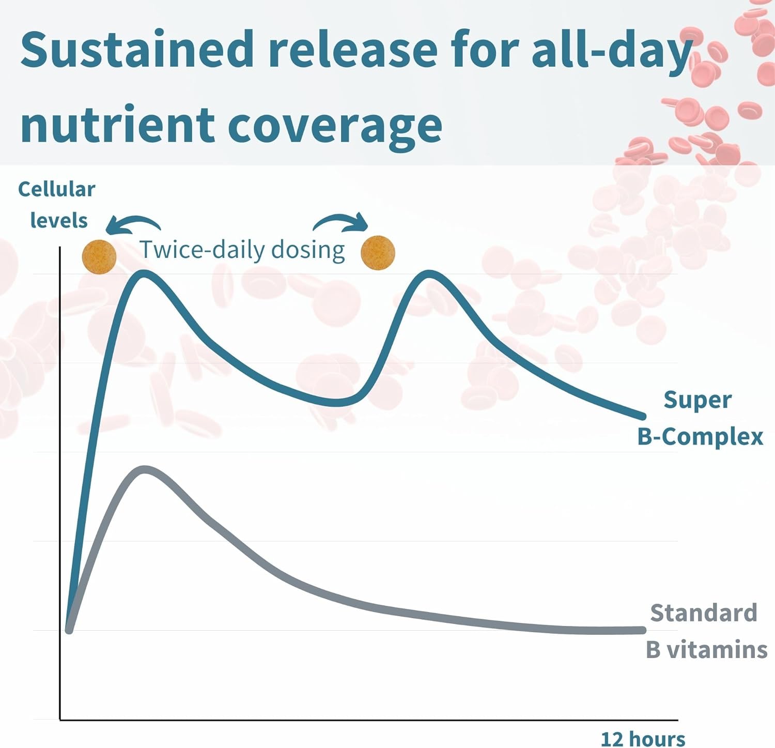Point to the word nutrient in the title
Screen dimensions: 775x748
pyautogui.click(x=117, y=124)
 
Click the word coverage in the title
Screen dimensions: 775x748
pyautogui.click(x=335, y=127)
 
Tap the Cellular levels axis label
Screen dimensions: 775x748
pyautogui.click(x=57, y=205)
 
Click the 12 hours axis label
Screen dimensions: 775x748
pyautogui.click(x=643, y=739)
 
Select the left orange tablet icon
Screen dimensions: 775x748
pyautogui.click(x=99, y=256)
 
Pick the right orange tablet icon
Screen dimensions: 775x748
pyautogui.click(x=378, y=253)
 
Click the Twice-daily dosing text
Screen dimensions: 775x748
pyautogui.click(x=242, y=250)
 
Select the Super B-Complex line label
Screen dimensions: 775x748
pyautogui.click(x=700, y=418)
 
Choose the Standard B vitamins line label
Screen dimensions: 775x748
pyautogui.click(x=706, y=631)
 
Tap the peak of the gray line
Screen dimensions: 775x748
pyautogui.click(x=145, y=469)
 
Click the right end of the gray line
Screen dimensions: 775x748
pyautogui.click(x=643, y=630)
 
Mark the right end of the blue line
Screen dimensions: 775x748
pyautogui.click(x=643, y=416)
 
